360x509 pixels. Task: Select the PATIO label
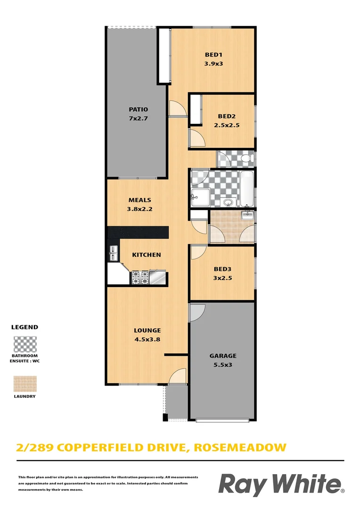[139, 109]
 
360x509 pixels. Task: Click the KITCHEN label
[146, 254]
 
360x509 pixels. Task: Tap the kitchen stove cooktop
[140, 278]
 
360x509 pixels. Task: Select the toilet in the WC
[245, 158]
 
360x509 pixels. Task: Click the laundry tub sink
[247, 216]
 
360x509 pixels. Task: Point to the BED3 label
[223, 269]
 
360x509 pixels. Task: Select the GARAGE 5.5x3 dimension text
[223, 365]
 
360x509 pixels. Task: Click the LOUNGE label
[147, 330]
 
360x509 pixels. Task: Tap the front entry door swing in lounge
[178, 376]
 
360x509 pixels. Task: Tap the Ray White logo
[281, 485]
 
